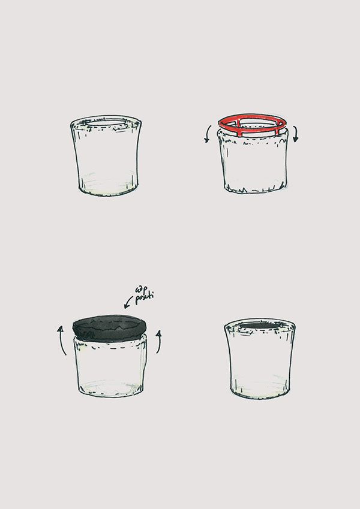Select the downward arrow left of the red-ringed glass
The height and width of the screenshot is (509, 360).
(x=206, y=134)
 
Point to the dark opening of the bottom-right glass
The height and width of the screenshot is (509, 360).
(x=259, y=326)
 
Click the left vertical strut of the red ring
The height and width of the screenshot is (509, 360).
(x=239, y=128)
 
